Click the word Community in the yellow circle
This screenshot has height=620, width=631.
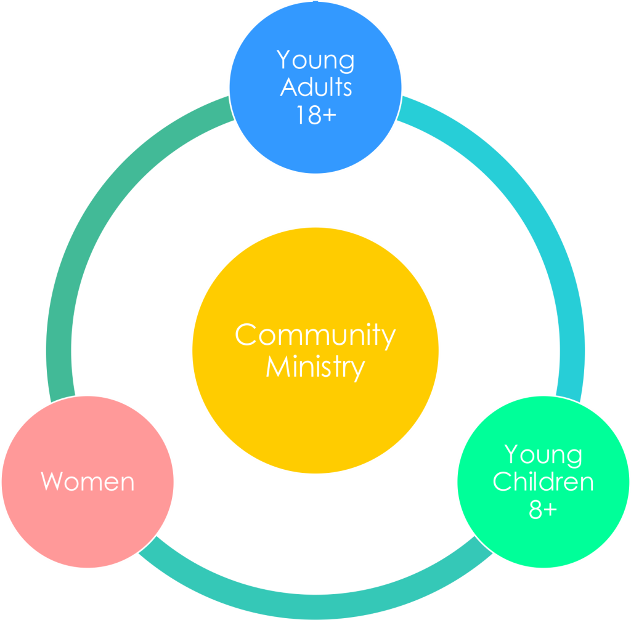tap(315, 336)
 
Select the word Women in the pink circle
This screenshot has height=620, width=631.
tap(88, 481)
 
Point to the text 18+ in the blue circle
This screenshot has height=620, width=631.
tap(316, 115)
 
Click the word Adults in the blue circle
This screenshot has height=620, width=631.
tap(316, 86)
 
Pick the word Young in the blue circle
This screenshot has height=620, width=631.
tap(315, 61)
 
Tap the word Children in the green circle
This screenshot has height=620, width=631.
tap(543, 481)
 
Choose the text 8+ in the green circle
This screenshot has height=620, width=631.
tap(543, 509)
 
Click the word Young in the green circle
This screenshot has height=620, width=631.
tap(543, 456)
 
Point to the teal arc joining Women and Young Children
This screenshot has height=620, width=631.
tap(315, 606)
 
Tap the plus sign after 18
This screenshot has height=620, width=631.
tap(329, 115)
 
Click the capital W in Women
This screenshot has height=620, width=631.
tap(52, 481)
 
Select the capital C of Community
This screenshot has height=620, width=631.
tap(246, 334)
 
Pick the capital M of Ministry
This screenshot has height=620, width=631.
tap(278, 366)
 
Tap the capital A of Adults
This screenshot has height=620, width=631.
tap(288, 86)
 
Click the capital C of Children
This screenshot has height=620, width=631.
tap(503, 481)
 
